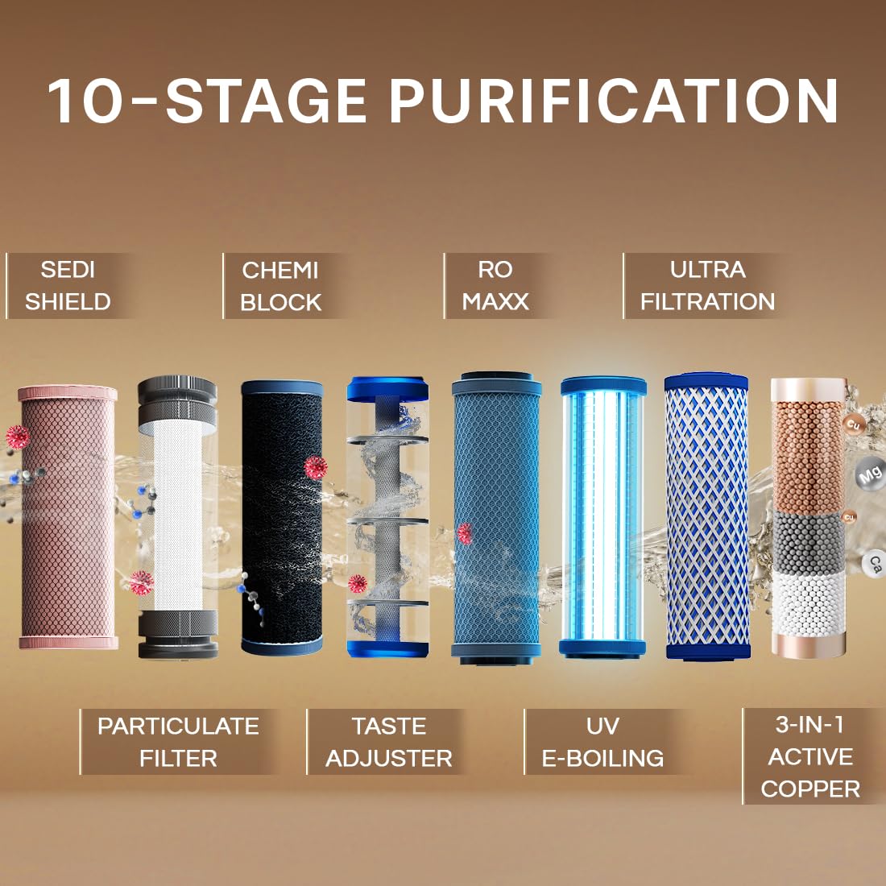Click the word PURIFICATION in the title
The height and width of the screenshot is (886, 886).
(614, 101)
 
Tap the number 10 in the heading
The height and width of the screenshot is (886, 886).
(85, 101)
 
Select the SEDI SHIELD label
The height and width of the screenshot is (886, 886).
(68, 286)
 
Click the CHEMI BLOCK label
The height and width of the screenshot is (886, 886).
(280, 286)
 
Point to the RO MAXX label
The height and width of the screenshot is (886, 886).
(495, 286)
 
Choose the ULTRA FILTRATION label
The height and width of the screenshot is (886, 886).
(707, 286)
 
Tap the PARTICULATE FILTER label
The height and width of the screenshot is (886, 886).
(178, 742)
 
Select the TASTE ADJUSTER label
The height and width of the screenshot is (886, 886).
(388, 742)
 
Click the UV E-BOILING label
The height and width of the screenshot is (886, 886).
(602, 742)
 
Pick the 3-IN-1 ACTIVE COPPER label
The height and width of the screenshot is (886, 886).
(810, 757)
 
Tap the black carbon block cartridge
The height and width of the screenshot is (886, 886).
(282, 515)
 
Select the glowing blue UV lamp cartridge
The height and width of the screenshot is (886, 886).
(603, 515)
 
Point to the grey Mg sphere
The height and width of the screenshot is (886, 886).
(868, 474)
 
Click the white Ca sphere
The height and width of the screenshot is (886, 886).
(875, 564)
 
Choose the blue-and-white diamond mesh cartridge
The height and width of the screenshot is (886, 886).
(706, 515)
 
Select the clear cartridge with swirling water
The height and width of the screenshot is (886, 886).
(387, 515)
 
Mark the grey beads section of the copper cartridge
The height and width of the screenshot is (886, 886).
(808, 541)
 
